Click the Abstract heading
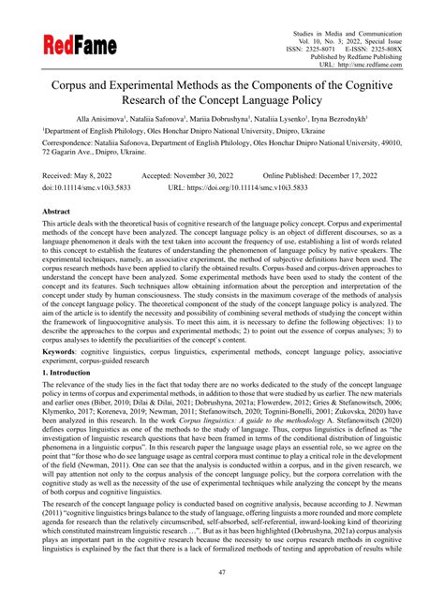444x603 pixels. point(58,213)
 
